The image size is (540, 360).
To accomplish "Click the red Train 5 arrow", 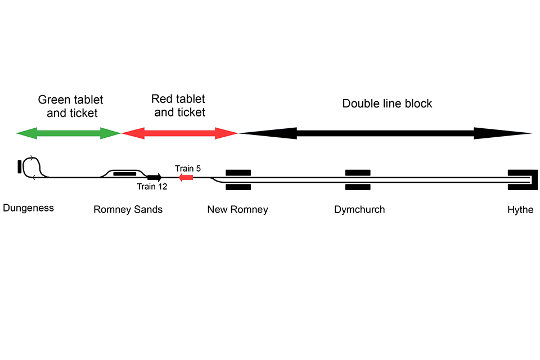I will [186, 178].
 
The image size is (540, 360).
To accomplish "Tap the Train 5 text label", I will [188, 168].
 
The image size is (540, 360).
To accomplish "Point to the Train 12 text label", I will [152, 187].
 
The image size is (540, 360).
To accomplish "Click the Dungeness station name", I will [28, 208].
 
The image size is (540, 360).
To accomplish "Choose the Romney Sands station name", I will [128, 210].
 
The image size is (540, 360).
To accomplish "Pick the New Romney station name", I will [237, 210].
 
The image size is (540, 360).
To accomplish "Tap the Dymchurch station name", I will [359, 210].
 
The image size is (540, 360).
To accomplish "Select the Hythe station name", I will [520, 210].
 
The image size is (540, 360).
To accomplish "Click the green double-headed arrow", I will [69, 133].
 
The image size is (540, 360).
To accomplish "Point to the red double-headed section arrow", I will [180, 133].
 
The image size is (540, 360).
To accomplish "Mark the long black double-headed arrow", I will [386, 133].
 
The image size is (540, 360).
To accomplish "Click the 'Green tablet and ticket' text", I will [70, 106].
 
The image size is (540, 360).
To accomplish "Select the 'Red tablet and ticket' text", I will [179, 106].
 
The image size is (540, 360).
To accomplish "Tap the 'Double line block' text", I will [388, 104].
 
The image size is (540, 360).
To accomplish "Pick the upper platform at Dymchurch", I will [358, 173].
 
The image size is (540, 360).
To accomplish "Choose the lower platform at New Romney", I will [238, 187].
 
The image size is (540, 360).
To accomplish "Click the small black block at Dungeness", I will [20, 167].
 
